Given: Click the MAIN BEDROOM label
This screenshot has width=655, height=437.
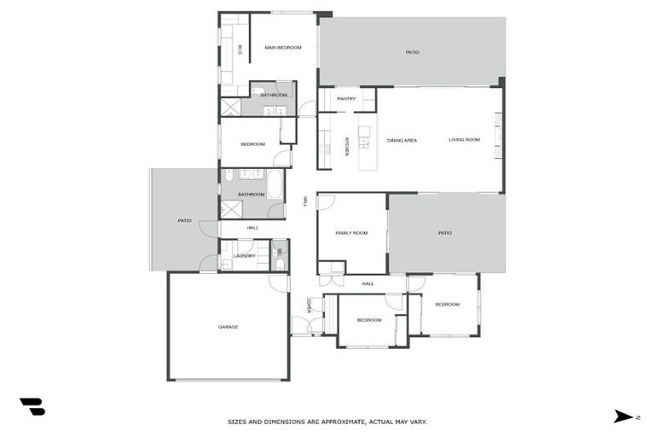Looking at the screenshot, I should (283, 48).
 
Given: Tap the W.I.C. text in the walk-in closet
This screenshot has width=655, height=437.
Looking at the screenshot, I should (240, 50).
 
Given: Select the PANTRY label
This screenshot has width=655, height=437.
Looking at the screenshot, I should (346, 99).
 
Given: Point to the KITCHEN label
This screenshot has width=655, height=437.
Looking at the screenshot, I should (346, 146).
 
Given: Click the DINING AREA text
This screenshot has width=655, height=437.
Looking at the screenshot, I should (402, 140).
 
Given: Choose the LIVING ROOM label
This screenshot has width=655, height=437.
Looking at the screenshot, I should (465, 140).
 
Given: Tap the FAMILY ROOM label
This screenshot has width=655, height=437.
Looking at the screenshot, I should (351, 232).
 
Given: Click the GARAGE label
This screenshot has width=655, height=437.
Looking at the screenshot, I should (228, 327).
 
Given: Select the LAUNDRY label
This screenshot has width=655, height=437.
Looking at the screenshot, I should (245, 255).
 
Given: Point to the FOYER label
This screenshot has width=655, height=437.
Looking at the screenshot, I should (309, 305).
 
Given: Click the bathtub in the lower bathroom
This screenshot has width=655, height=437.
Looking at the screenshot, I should (275, 184).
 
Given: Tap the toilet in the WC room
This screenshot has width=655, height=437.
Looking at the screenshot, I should (279, 264).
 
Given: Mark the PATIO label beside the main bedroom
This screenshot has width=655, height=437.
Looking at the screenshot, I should (412, 52).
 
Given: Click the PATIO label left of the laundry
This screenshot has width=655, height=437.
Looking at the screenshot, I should (184, 220).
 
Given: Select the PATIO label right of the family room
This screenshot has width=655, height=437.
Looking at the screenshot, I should (445, 232).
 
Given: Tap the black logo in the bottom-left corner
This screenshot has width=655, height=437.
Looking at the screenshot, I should (32, 407).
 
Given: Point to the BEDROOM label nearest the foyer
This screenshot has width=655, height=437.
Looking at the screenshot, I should (368, 319).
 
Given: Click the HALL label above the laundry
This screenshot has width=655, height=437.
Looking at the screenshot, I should (252, 228).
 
